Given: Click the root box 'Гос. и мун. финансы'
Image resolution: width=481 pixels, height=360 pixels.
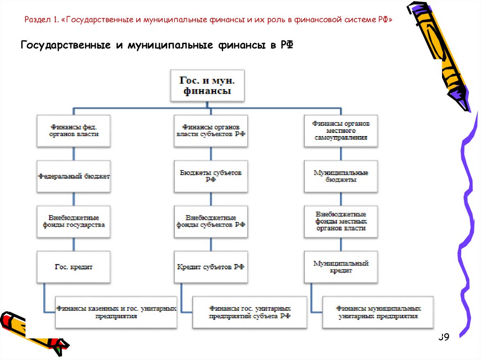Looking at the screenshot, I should [207, 85].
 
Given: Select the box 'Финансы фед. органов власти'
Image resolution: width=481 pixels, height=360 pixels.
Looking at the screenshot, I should [74, 130].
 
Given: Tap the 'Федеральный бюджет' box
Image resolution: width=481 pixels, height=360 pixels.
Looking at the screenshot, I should [74, 176].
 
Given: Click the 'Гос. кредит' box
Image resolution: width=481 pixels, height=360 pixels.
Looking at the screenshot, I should [74, 267].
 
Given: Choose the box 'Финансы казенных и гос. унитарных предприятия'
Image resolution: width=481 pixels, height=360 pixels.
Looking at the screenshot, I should [116, 312].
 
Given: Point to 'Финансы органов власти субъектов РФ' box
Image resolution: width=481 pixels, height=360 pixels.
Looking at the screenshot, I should [211, 130].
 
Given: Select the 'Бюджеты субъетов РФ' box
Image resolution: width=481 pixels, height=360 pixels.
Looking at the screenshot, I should [211, 176].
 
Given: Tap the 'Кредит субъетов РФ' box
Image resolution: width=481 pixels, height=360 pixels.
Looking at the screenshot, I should [211, 267].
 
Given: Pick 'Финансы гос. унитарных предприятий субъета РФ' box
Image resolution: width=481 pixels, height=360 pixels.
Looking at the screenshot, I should [250, 312].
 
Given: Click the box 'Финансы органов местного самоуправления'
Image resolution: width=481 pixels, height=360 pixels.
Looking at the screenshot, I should [341, 130].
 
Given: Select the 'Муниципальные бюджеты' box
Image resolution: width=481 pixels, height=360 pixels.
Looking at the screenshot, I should [341, 176].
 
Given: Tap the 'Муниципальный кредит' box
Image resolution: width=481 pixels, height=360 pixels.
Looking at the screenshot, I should [341, 267].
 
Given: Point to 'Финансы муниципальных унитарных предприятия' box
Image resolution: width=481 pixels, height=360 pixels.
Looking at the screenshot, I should [378, 312].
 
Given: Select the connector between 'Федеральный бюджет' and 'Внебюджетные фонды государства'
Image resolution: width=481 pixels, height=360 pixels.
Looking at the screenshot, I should [74, 199].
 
